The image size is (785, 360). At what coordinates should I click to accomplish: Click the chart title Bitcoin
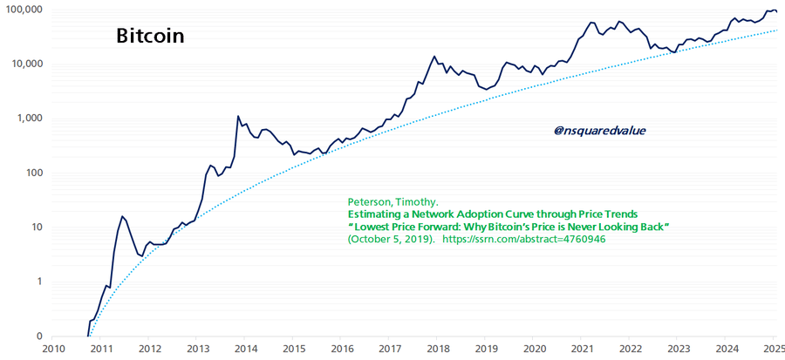(150, 37)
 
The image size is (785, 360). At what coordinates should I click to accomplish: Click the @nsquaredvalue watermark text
(599, 131)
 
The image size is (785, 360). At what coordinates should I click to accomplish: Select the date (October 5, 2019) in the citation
(390, 240)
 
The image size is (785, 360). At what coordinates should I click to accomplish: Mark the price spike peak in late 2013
(238, 116)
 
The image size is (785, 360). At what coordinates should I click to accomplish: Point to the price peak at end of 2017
(434, 57)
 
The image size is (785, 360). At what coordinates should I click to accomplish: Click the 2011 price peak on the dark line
(122, 216)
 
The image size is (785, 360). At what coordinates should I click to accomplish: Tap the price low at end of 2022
(673, 53)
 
